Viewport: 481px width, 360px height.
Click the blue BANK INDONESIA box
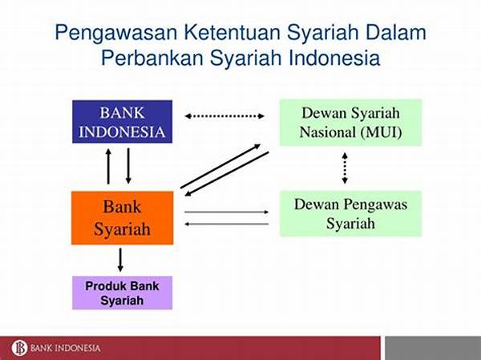tap(122, 122)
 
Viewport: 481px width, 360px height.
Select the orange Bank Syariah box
tap(122, 218)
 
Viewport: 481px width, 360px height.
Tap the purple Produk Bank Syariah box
tap(122, 293)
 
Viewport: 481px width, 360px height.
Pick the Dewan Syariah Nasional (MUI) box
tap(350, 122)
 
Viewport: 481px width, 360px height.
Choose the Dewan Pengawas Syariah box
tap(350, 213)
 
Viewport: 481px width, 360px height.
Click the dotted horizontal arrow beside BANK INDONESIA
tap(224, 116)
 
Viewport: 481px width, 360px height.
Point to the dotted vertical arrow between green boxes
tap(345, 168)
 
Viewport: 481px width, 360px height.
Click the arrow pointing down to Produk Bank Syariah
tap(120, 260)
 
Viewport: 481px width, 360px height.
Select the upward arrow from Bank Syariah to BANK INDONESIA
tap(108, 166)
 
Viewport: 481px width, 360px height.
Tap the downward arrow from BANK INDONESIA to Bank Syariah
tap(128, 166)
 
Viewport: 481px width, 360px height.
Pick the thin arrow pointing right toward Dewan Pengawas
tap(227, 212)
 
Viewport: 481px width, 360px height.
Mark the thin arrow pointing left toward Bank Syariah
tap(227, 224)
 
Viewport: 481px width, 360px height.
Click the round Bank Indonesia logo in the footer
tap(19, 348)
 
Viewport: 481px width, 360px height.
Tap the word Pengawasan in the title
tap(116, 32)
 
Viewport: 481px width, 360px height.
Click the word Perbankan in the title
tap(152, 58)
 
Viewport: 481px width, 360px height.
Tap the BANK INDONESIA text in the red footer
tap(66, 348)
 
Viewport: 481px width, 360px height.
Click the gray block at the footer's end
tap(433, 348)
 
